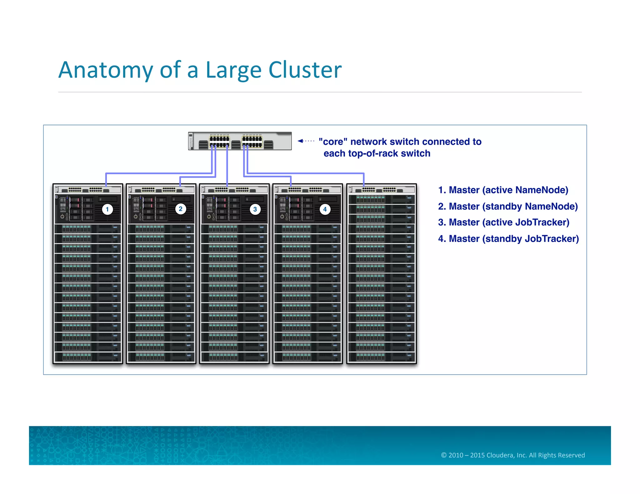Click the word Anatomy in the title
coord(105,70)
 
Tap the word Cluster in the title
coord(305,70)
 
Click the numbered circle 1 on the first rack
coord(107,209)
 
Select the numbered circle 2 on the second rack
coord(181,209)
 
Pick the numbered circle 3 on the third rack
coord(255,209)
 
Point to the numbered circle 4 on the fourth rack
coord(325,209)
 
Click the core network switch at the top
coord(240,141)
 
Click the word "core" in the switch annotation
coord(333,142)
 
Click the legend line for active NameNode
coord(503,190)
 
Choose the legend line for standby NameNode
coord(508,206)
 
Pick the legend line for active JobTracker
coord(503,222)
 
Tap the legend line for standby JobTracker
coord(508,239)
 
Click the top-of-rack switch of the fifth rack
coord(382,190)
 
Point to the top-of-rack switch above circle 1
coord(88,190)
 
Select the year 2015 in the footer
coord(477,455)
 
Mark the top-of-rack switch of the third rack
coord(234,190)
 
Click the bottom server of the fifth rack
coord(382,357)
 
